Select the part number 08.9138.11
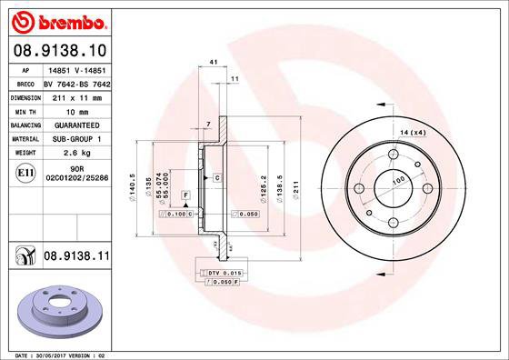(x=76, y=259)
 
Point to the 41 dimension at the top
(x=213, y=62)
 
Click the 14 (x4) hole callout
(x=414, y=134)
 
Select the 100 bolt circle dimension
(x=397, y=181)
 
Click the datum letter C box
(x=217, y=177)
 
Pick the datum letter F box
(x=185, y=195)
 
